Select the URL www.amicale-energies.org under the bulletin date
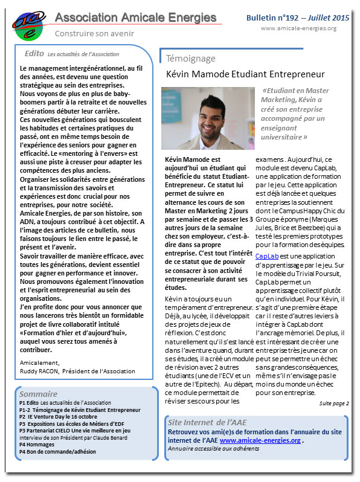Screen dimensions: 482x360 tap(298, 28)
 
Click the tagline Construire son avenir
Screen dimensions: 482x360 tap(94, 34)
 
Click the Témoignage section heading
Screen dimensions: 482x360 tap(190, 59)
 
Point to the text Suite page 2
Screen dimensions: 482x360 tap(334, 403)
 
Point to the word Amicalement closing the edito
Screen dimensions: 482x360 tap(37, 364)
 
